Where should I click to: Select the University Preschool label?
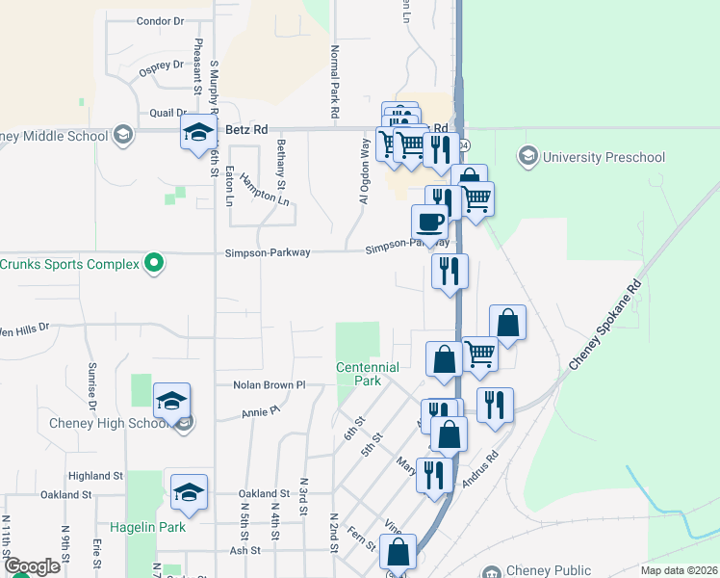point(604,156)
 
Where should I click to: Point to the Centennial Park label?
point(367,374)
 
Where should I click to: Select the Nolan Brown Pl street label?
point(269,385)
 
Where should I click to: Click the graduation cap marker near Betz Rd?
point(197,134)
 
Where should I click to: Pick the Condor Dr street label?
point(160,20)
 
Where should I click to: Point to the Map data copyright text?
point(679,570)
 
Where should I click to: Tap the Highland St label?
point(96,476)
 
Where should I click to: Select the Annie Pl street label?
point(261,411)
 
